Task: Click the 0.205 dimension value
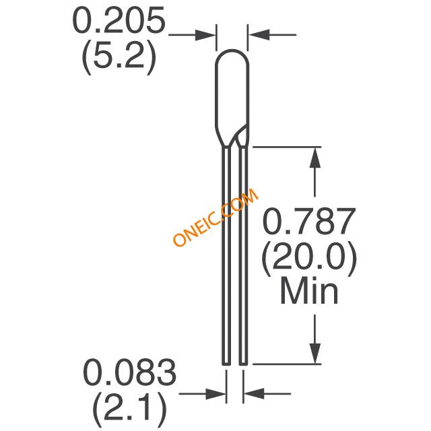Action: [x=119, y=21]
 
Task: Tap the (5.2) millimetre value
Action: [x=119, y=57]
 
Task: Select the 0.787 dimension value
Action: [x=309, y=222]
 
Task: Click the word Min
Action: [x=309, y=291]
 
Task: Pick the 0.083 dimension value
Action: [x=129, y=372]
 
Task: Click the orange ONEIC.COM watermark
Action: [x=215, y=217]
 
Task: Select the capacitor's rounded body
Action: [x=232, y=98]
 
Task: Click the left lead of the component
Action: [x=226, y=256]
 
